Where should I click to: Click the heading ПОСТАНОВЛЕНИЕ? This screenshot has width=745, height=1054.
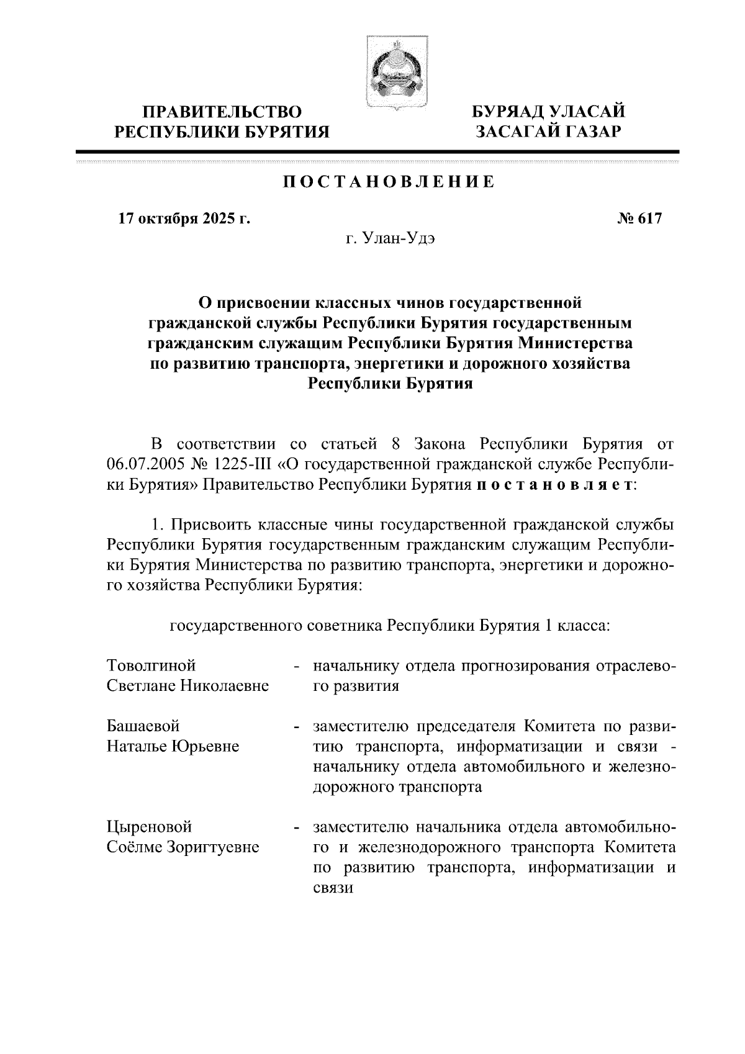pos(389,182)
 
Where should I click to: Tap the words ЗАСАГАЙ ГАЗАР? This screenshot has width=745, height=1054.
pos(548,132)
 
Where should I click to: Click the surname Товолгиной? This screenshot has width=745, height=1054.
pos(151,665)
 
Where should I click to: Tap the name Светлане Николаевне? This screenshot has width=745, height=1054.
pos(187,686)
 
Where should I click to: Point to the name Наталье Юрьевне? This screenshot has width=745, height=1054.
pos(173,746)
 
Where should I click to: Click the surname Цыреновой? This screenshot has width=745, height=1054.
pos(150,827)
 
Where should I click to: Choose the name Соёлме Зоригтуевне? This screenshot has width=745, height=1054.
pos(183,847)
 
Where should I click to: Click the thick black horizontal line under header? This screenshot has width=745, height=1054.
pos(377,151)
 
